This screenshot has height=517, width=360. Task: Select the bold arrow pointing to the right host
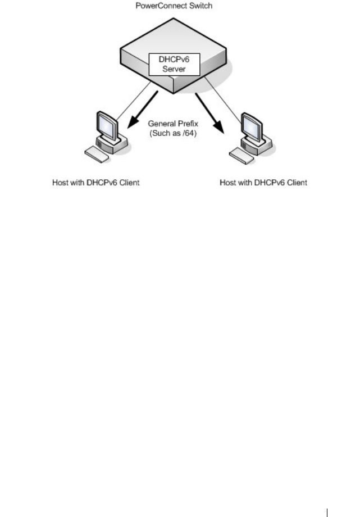pyautogui.click(x=209, y=111)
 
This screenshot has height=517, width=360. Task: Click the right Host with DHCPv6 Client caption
pyautogui.click(x=263, y=183)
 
